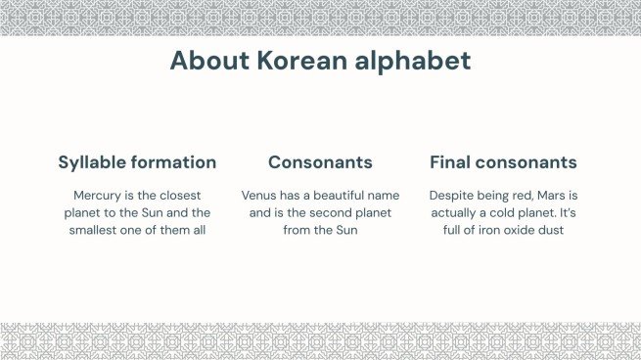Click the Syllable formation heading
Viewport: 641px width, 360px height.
coord(137,162)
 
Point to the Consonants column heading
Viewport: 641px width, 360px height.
coord(320,162)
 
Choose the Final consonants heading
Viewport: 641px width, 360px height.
coord(503,162)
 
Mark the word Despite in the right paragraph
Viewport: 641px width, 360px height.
coord(453,196)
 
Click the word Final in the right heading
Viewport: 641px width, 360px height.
coord(451,162)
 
